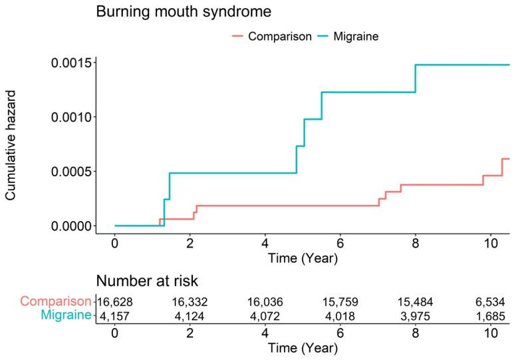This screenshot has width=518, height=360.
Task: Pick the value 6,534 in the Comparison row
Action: point(489,301)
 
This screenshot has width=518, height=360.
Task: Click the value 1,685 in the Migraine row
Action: point(489,315)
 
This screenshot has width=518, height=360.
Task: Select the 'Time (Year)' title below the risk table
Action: point(302,348)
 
